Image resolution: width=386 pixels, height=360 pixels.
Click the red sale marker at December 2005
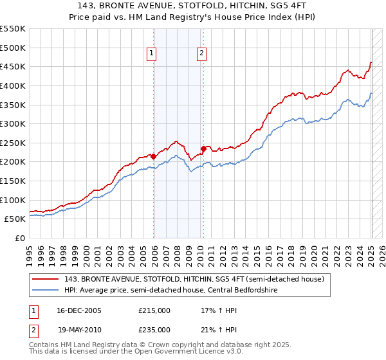point(154,156)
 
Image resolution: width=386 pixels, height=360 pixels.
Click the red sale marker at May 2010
point(203,148)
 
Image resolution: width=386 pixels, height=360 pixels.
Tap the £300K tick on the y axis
point(13,123)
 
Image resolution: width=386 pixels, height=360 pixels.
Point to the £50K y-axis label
point(15,219)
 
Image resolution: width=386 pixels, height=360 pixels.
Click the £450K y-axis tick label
point(13,66)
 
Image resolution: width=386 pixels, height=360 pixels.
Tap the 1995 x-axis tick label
point(30,251)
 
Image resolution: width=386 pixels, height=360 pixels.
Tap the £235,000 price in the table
point(154,330)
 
